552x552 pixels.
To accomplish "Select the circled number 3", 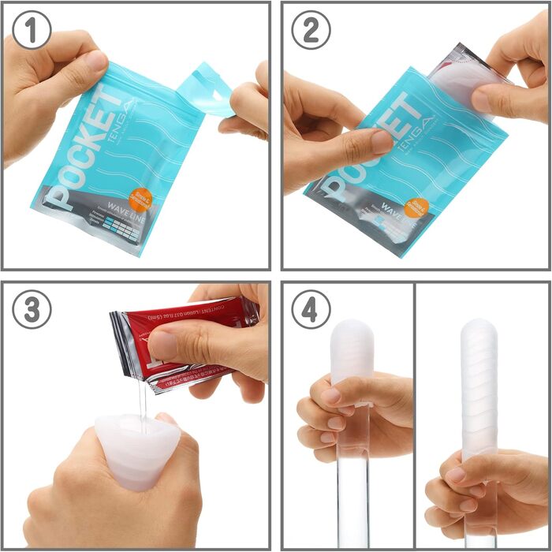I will click(x=32, y=310).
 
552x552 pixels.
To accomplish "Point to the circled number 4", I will click(x=311, y=310).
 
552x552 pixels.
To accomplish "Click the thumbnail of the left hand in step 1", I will click(x=93, y=61).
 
